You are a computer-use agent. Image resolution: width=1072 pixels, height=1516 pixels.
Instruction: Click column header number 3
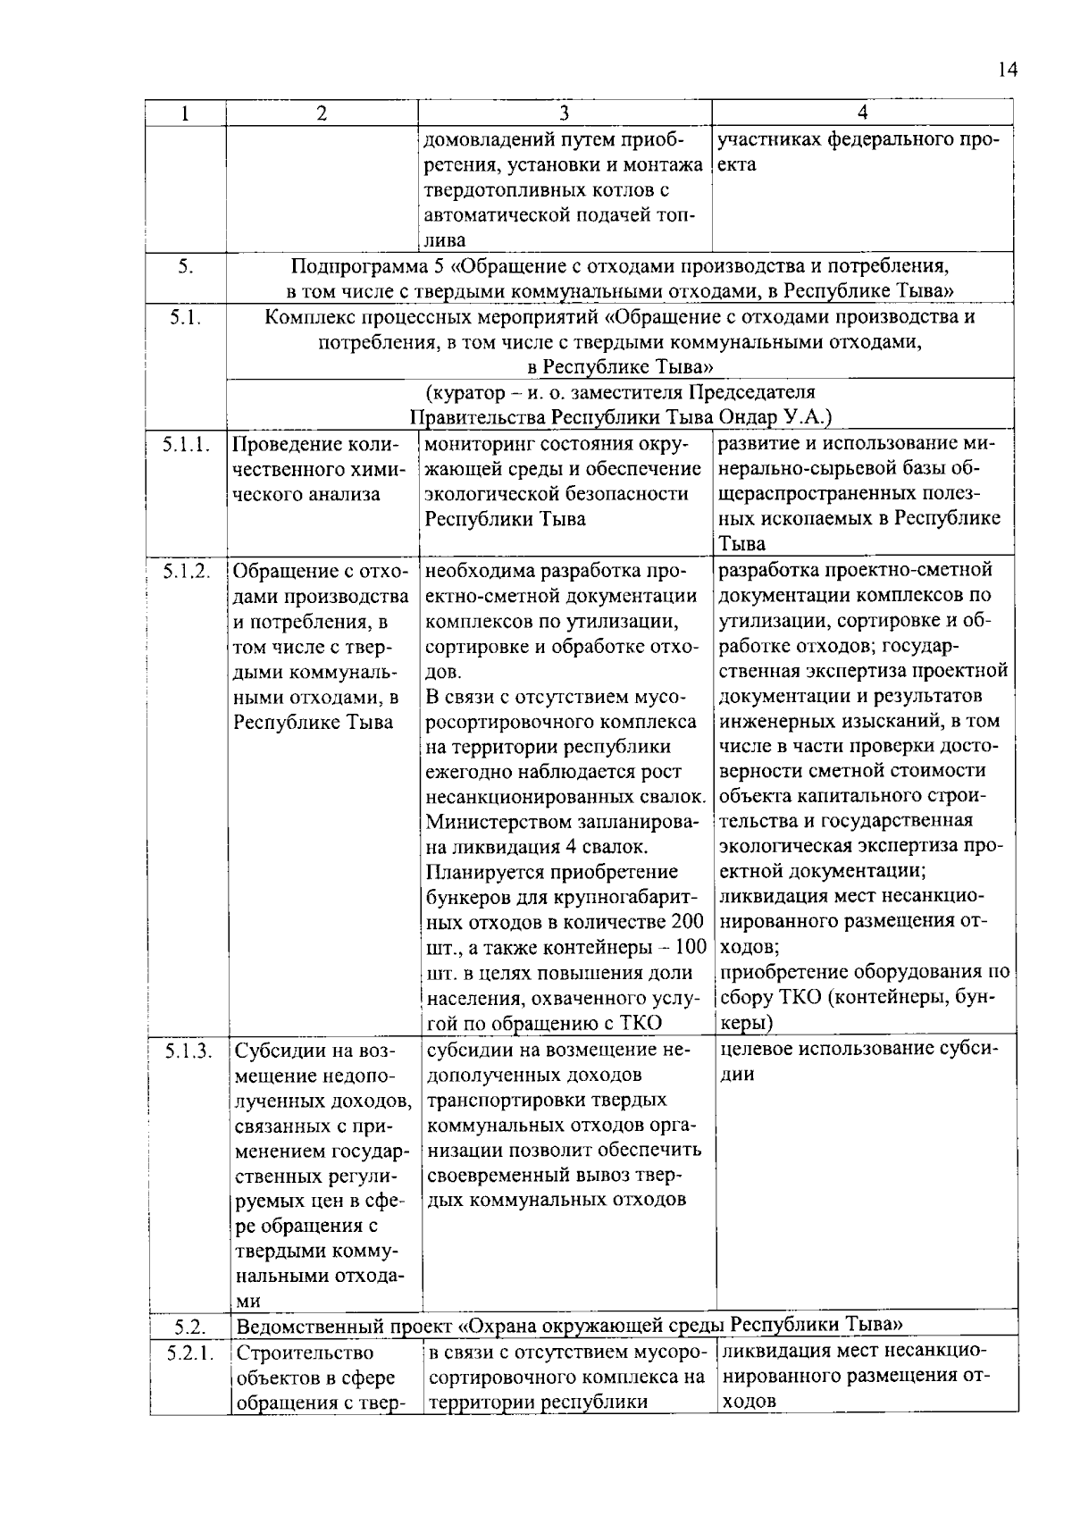click(564, 113)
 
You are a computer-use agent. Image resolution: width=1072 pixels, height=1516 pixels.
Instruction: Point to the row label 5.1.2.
click(187, 570)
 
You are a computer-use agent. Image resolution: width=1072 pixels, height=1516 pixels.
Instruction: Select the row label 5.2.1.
click(189, 1353)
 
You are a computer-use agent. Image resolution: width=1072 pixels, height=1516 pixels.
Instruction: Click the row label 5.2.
click(189, 1327)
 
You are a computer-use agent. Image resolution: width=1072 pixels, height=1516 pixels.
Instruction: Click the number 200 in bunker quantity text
click(687, 921)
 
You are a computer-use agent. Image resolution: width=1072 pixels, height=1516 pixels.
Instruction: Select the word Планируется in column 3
click(477, 871)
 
